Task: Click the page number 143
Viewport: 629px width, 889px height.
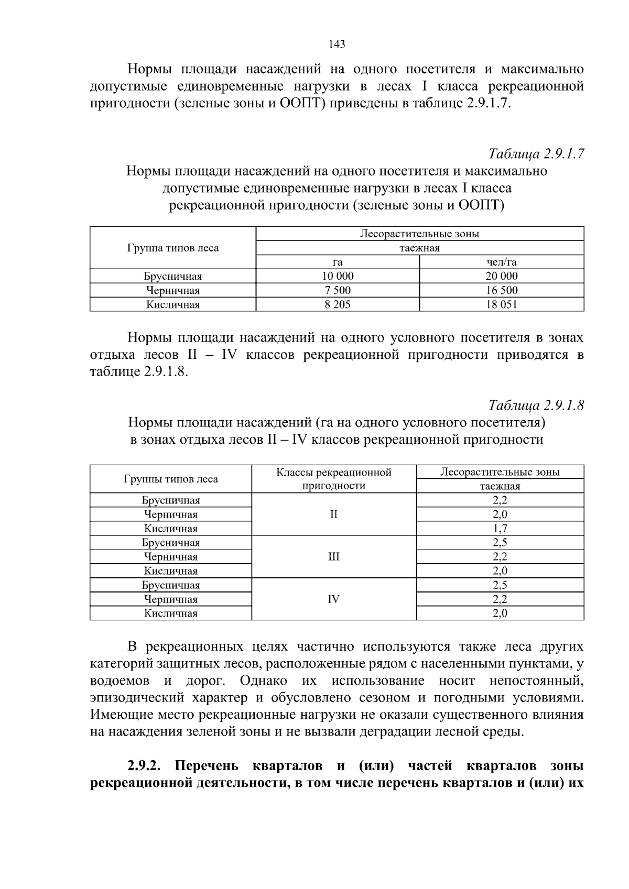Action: click(x=337, y=45)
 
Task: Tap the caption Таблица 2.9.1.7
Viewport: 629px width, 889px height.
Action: click(x=536, y=154)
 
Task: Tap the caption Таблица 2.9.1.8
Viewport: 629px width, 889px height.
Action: click(x=536, y=405)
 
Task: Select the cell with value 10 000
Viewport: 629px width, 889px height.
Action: click(x=338, y=276)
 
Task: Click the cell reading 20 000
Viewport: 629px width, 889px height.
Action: click(x=501, y=276)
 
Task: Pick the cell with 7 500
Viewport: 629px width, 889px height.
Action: click(x=338, y=290)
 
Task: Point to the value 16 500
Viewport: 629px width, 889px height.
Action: click(x=501, y=290)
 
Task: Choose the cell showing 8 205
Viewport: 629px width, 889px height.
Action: click(x=338, y=304)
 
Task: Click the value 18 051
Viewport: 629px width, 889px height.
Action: click(x=501, y=304)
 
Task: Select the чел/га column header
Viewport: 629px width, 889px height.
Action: click(x=501, y=262)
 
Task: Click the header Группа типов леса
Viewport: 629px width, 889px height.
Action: click(x=173, y=248)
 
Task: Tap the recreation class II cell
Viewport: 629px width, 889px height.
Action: click(x=333, y=514)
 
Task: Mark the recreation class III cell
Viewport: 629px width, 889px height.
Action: click(x=333, y=556)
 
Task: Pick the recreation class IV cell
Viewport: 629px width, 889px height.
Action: click(x=333, y=599)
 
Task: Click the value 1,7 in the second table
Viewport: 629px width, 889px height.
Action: click(x=500, y=529)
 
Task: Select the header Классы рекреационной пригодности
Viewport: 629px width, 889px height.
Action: click(x=333, y=479)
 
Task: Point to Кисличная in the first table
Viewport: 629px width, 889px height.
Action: click(x=172, y=304)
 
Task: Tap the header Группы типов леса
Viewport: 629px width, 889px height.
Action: click(x=171, y=479)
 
